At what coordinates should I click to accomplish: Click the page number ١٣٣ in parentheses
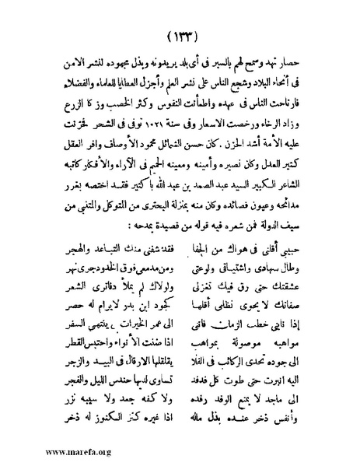tap(180, 37)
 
